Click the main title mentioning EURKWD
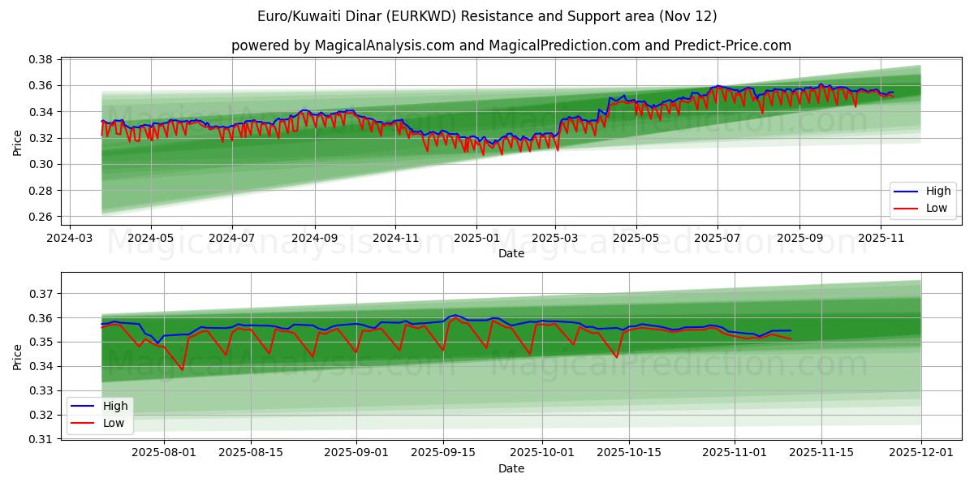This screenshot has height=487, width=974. (487, 16)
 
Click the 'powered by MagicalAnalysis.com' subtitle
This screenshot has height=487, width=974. (511, 45)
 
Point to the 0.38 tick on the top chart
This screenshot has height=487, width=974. (41, 59)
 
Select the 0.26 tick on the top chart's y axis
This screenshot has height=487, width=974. (41, 217)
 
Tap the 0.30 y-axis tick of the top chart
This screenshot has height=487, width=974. (41, 164)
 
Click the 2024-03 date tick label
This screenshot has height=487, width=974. (69, 239)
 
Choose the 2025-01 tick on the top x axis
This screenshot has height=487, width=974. (476, 239)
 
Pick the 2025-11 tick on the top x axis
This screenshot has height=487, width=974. (881, 239)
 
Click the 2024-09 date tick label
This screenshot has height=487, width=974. (314, 239)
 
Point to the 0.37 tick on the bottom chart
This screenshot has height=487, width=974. (41, 293)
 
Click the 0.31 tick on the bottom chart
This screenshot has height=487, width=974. (41, 439)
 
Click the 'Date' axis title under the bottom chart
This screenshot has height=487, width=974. (511, 468)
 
